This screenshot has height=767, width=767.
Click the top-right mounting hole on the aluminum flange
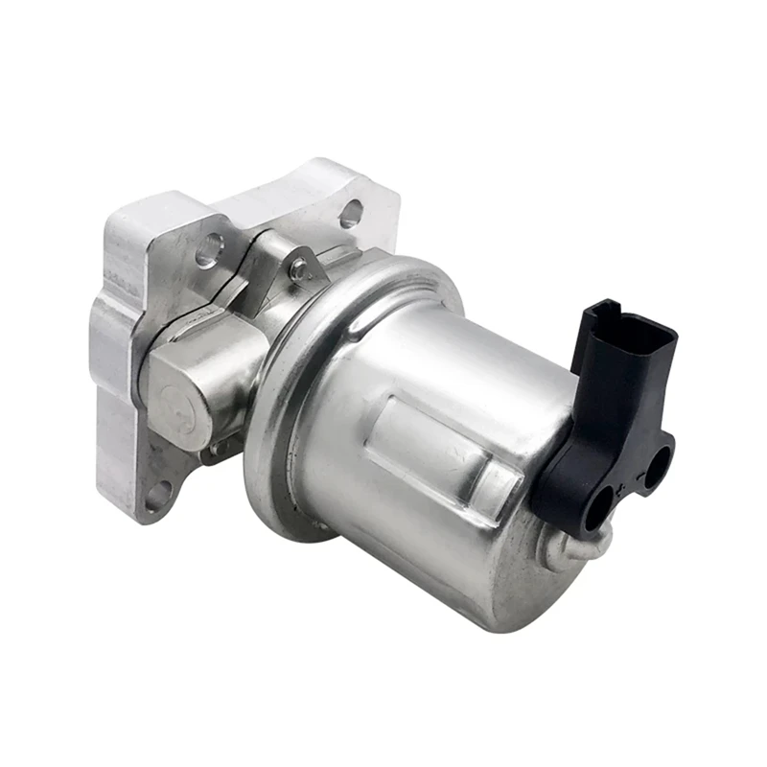(350, 213)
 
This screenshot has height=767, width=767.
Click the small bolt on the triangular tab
(301, 271)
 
